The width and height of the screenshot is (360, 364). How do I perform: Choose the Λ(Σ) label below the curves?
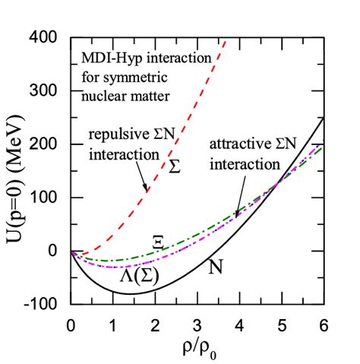137,277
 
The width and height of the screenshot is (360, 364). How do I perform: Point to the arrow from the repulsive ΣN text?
142,178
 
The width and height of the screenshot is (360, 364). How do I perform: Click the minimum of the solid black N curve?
130,293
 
